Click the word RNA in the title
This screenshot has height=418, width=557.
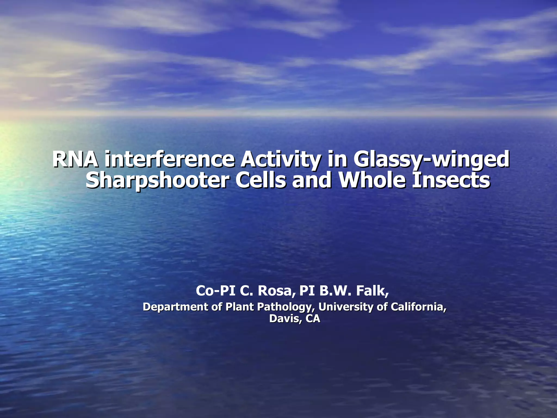click(x=75, y=160)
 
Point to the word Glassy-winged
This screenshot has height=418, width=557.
click(x=431, y=160)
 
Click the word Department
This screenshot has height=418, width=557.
click(x=176, y=307)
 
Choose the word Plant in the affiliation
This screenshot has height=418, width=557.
click(x=239, y=307)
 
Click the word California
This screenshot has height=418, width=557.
click(x=418, y=307)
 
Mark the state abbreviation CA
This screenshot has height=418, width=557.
click(x=313, y=319)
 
